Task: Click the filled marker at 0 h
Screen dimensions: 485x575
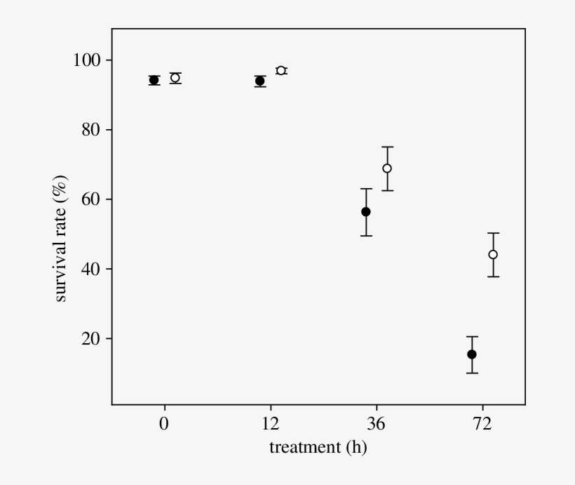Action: coord(154,80)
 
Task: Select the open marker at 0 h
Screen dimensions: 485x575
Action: coord(175,78)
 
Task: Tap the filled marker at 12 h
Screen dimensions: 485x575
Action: coord(260,81)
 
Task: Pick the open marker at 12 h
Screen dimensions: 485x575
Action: coord(281,71)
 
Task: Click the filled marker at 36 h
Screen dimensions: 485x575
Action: coord(366,212)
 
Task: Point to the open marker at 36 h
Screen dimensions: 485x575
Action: coord(387,168)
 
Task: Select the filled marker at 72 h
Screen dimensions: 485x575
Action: coord(472,354)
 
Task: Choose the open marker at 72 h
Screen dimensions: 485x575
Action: coord(493,255)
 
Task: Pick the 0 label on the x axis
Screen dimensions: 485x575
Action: coord(165,424)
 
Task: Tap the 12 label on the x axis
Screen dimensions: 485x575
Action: coord(271,424)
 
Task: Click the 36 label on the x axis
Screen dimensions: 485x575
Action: coord(377,424)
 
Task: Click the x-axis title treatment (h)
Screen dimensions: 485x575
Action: coord(318,447)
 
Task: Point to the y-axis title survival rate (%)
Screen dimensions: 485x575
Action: coord(62,239)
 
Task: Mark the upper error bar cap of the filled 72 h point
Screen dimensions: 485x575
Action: coord(472,337)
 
